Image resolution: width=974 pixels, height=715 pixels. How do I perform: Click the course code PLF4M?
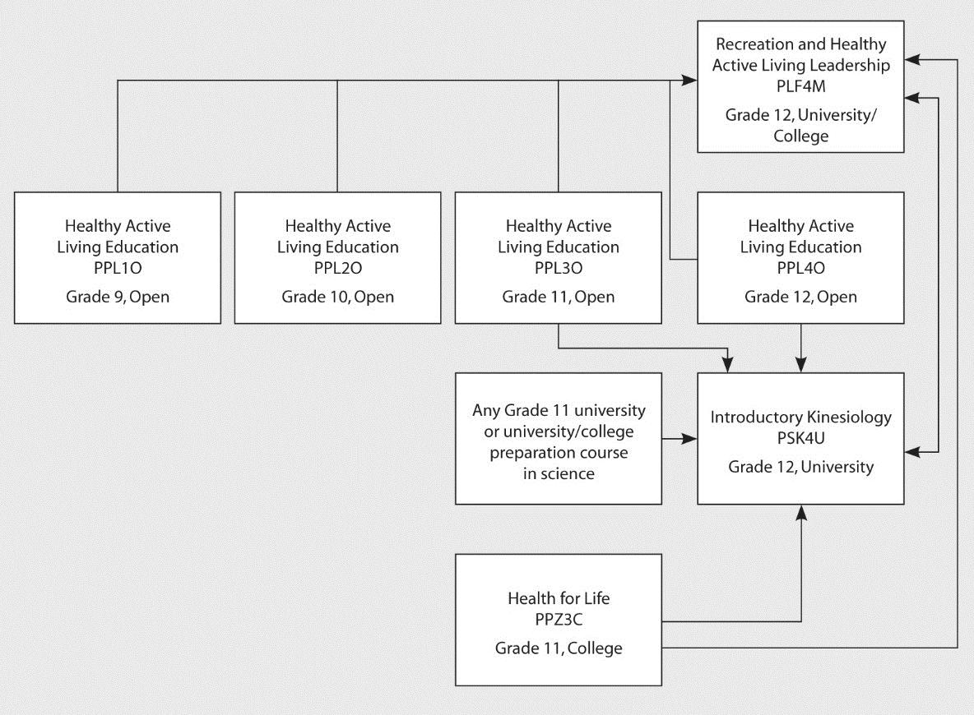click(x=800, y=86)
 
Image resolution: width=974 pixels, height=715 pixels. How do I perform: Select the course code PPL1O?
click(x=118, y=268)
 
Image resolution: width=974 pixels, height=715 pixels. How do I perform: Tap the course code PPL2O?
click(x=338, y=268)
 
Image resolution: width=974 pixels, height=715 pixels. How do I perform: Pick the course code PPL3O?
click(x=559, y=268)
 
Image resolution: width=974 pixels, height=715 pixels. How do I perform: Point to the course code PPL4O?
click(x=800, y=268)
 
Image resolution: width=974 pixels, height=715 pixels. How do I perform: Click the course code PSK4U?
click(x=800, y=438)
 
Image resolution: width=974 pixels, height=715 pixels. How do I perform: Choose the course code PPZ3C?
click(x=559, y=620)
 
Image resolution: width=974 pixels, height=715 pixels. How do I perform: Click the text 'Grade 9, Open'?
click(x=118, y=297)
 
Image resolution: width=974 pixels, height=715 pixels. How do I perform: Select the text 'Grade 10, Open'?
click(x=338, y=297)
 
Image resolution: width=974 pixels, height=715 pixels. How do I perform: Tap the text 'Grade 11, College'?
click(x=559, y=648)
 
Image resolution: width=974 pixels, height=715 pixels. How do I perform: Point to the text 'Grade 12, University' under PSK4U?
click(x=800, y=467)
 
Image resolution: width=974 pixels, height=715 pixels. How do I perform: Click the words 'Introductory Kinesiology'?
click(x=800, y=417)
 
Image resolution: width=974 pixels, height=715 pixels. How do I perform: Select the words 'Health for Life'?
click(x=559, y=598)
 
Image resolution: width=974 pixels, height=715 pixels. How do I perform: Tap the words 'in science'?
click(x=559, y=474)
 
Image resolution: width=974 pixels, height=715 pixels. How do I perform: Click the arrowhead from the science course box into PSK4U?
click(x=689, y=439)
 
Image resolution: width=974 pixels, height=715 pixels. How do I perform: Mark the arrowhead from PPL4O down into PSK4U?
click(x=800, y=365)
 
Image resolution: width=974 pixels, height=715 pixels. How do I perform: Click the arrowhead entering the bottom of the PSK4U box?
click(x=800, y=512)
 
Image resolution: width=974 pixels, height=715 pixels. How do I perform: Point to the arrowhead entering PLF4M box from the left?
click(x=689, y=80)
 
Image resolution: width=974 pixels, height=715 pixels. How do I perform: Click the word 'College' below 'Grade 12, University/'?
click(x=800, y=136)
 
